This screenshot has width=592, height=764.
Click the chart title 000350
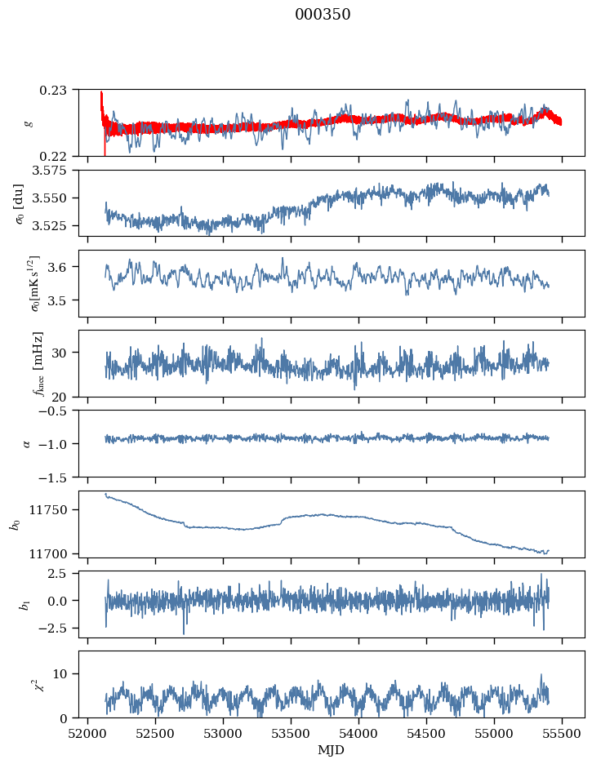pyautogui.click(x=323, y=15)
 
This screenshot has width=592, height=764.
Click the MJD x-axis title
pyautogui.click(x=331, y=749)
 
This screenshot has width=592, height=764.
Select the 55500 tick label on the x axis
pyautogui.click(x=562, y=732)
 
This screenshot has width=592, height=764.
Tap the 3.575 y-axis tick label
pyautogui.click(x=56, y=170)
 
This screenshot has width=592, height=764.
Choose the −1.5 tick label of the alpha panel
pyautogui.click(x=60, y=477)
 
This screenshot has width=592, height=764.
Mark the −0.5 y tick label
pyautogui.click(x=60, y=411)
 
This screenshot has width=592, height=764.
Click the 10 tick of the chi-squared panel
pyautogui.click(x=65, y=673)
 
